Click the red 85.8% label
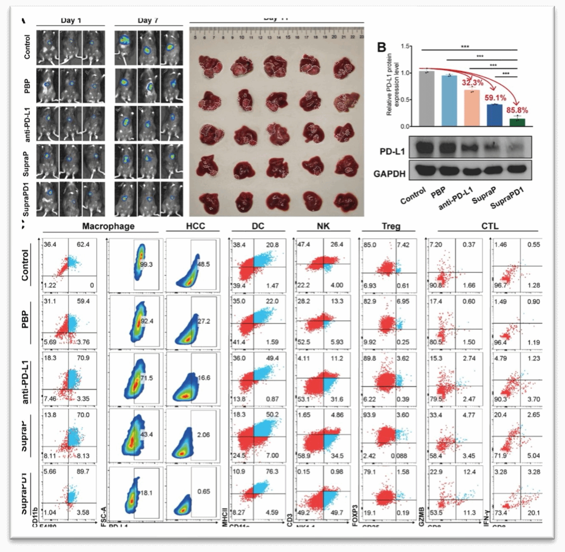click(517, 111)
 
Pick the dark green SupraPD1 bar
click(517, 122)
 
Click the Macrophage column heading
click(108, 226)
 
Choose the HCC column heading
click(195, 226)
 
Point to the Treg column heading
click(391, 226)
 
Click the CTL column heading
click(490, 226)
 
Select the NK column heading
click(323, 226)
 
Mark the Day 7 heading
click(147, 21)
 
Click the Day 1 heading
click(71, 21)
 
